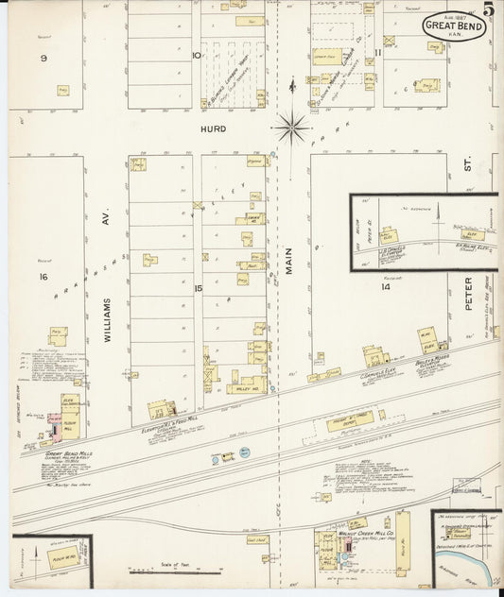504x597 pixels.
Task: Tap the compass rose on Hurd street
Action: [291, 122]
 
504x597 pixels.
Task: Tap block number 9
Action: [43, 59]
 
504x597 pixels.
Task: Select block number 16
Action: [43, 277]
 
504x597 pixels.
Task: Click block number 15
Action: [199, 287]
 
